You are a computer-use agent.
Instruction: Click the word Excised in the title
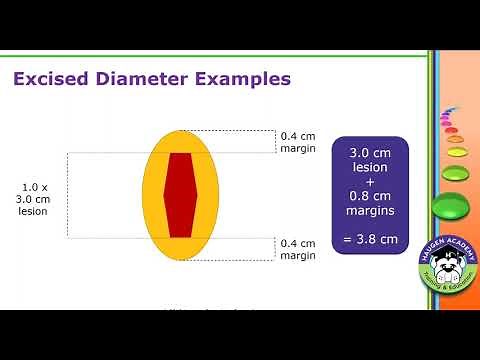(50, 78)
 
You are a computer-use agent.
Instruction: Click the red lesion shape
(180, 195)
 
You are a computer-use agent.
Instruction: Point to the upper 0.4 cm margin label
(298, 141)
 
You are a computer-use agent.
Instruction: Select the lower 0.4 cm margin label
(298, 249)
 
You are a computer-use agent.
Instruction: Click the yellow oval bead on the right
(457, 153)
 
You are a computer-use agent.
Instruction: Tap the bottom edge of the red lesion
(180, 237)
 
